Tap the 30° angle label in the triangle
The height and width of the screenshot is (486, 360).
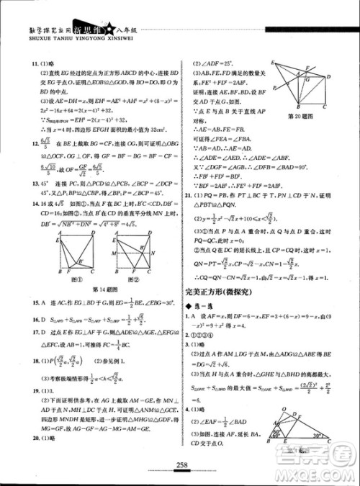317,436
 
